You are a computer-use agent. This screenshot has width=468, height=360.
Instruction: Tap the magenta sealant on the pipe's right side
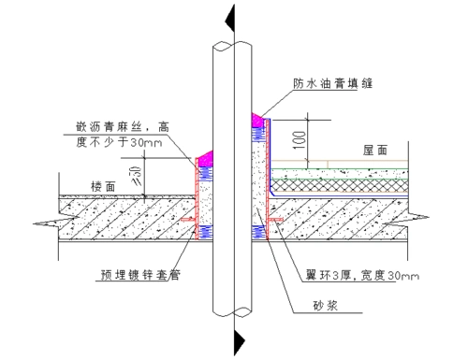(x=256, y=122)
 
